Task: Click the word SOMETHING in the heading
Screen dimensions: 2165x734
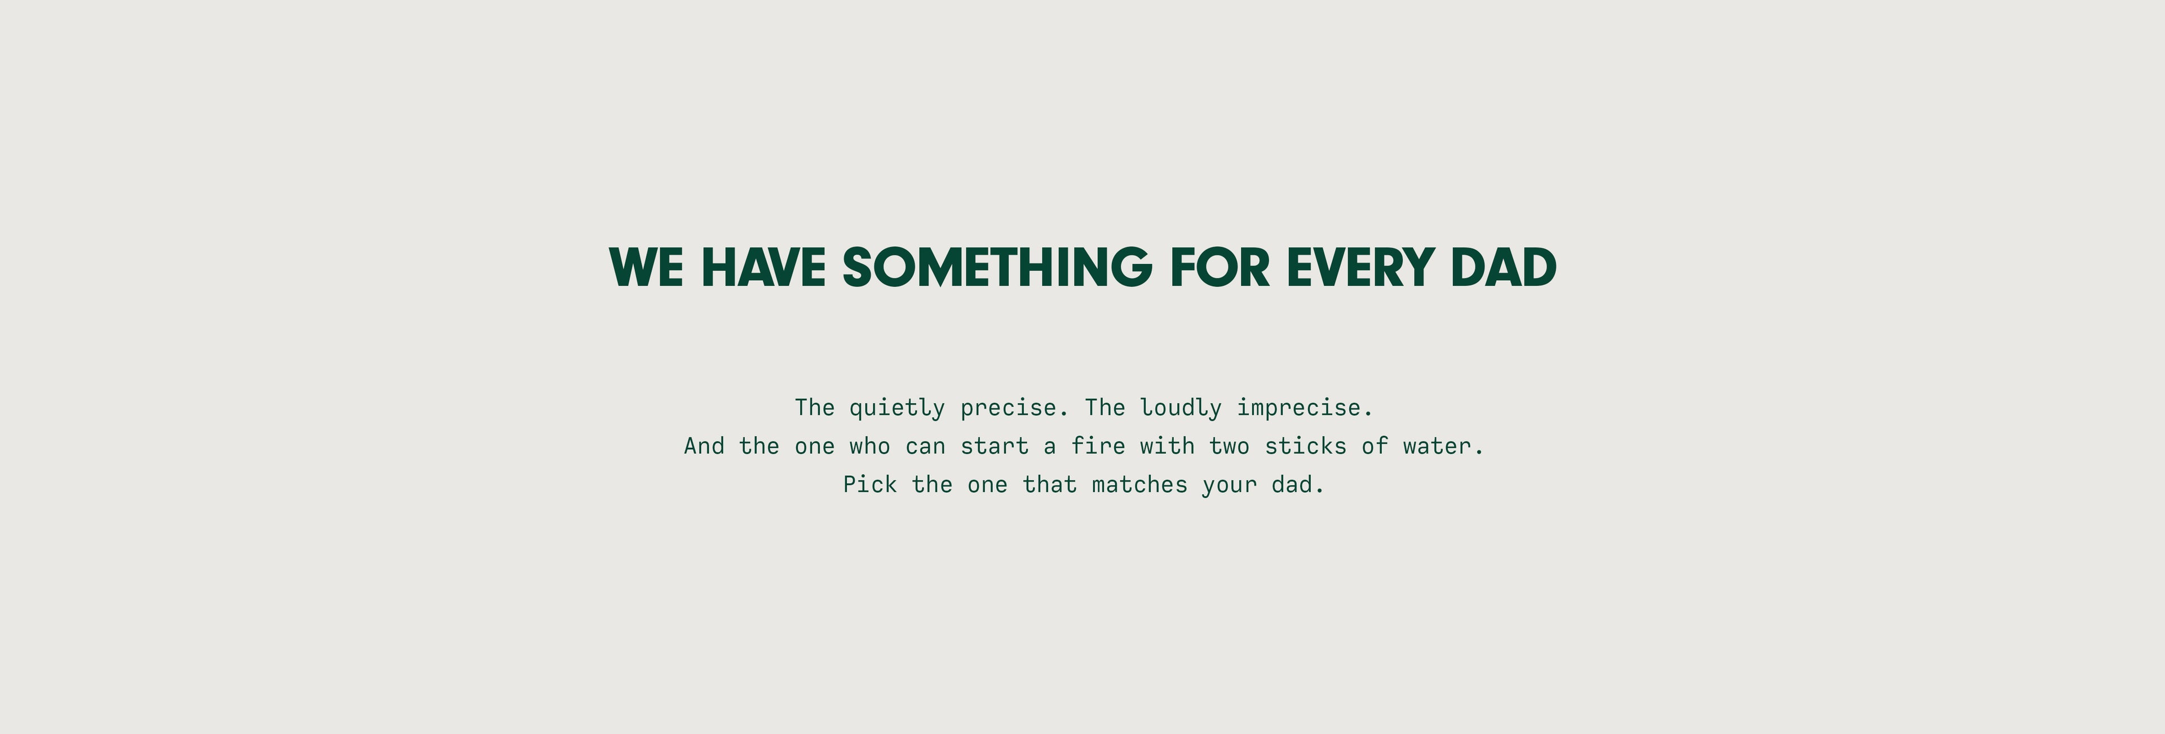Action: [x=997, y=267]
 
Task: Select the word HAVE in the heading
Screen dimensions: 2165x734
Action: [x=763, y=267]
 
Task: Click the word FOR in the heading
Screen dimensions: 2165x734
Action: [x=1220, y=267]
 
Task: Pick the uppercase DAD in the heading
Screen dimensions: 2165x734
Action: [x=1504, y=267]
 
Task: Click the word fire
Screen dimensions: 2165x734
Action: [x=1098, y=445]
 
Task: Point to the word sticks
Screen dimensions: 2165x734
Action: [x=1305, y=445]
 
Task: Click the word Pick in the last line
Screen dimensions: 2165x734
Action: [x=870, y=484]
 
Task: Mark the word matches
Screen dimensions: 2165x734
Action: [x=1139, y=484]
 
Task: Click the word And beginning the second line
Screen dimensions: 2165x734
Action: [x=704, y=445]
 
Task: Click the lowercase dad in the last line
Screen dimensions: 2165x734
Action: [x=1292, y=484]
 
